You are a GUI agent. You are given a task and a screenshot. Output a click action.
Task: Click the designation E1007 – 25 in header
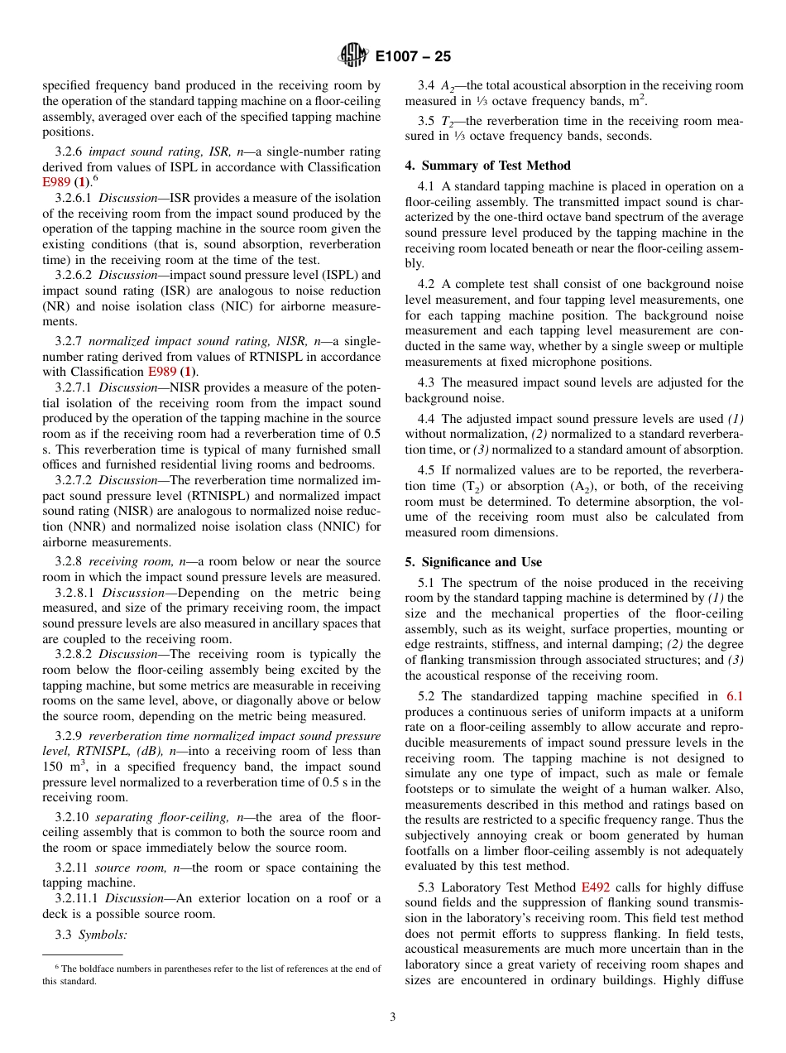click(413, 57)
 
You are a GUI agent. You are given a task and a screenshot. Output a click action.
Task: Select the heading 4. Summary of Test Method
click(487, 166)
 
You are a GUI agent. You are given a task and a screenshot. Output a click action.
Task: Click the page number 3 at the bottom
click(393, 1017)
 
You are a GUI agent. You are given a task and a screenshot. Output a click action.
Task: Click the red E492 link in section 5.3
click(595, 887)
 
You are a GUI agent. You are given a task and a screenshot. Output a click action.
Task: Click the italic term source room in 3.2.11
click(125, 868)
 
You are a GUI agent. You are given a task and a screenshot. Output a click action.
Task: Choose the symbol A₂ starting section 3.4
click(448, 85)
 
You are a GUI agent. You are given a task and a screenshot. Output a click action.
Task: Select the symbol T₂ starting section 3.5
click(447, 121)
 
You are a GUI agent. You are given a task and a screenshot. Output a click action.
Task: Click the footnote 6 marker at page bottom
click(56, 967)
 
